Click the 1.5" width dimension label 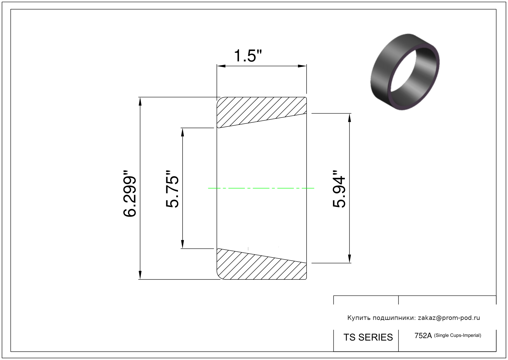[248, 56]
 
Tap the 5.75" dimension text [172, 189]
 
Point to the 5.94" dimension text [339, 189]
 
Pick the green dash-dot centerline [261, 188]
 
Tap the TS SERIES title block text [368, 337]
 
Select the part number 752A [423, 336]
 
